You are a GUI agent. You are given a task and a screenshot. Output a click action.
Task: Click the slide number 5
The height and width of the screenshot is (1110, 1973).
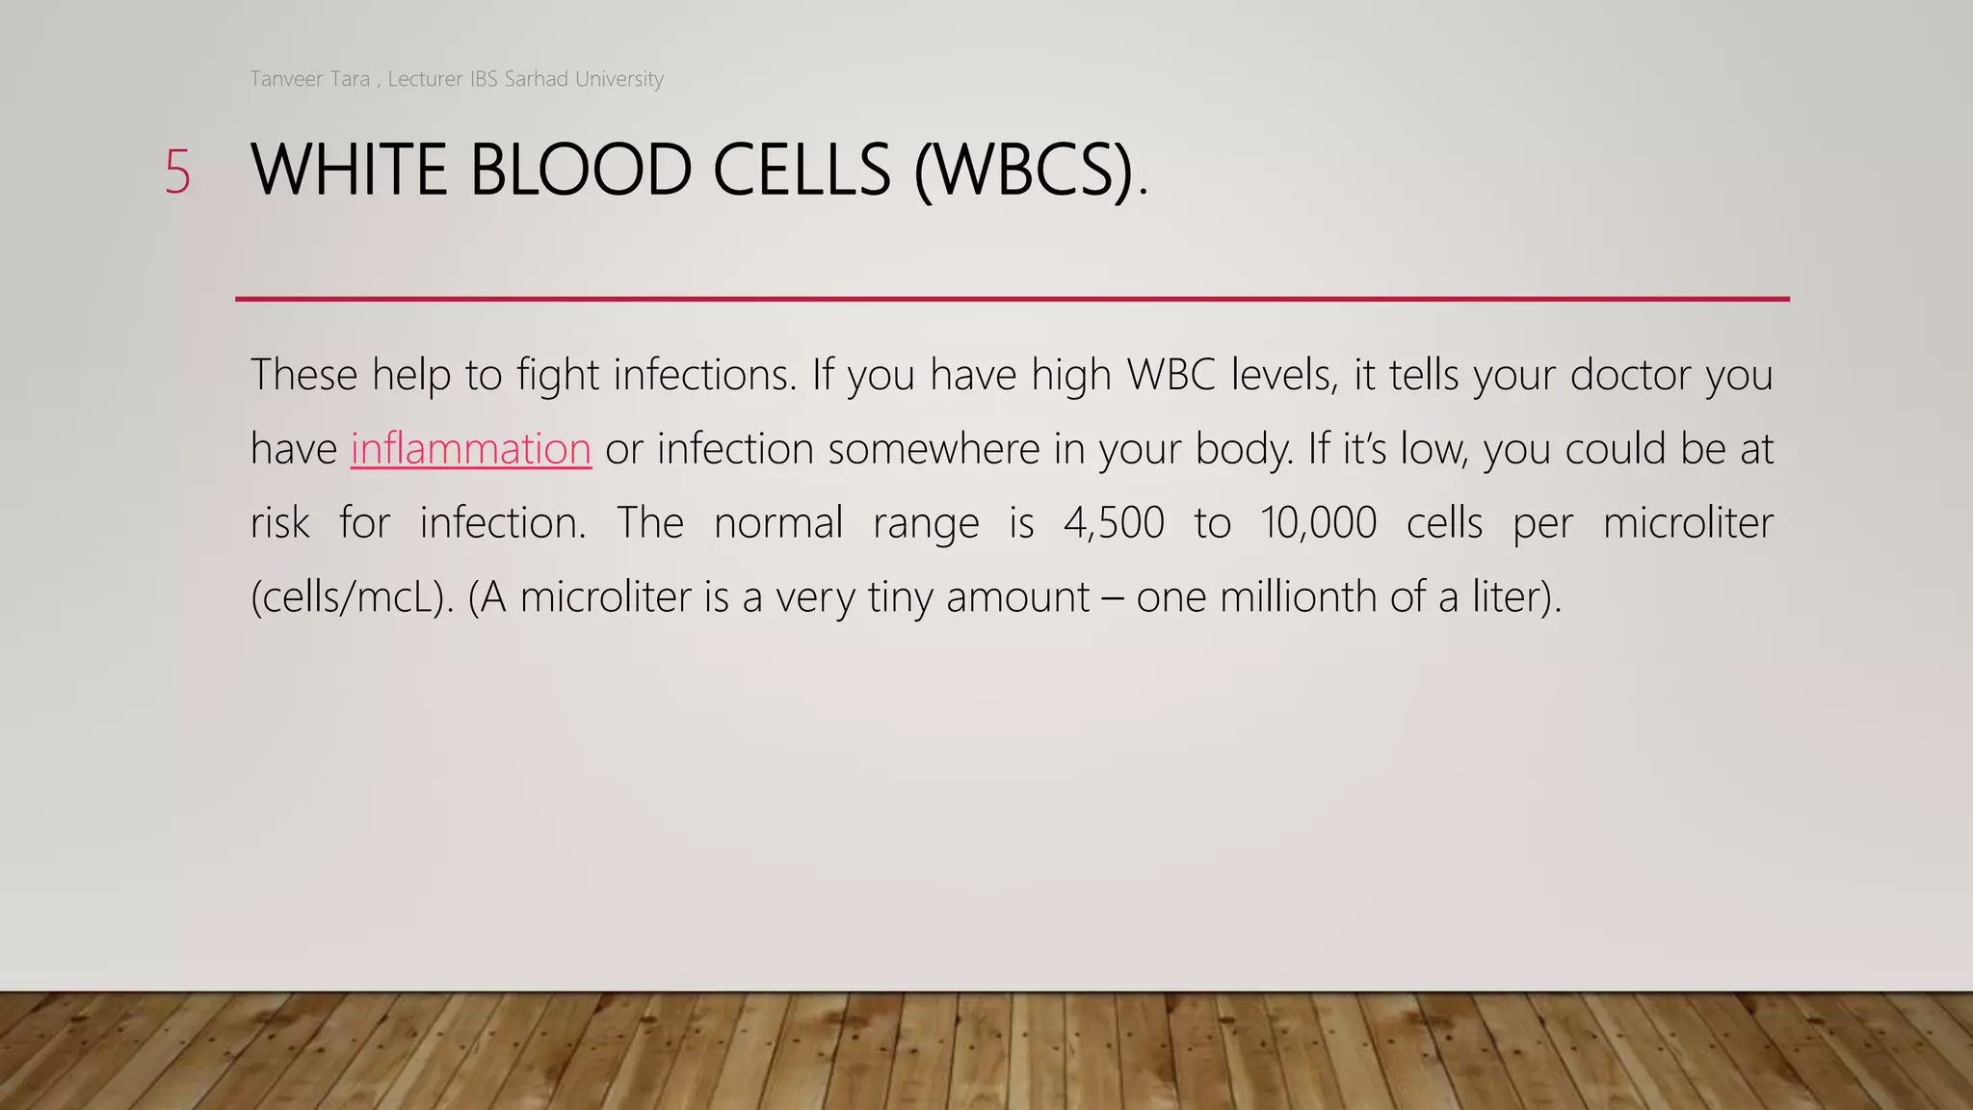[177, 172]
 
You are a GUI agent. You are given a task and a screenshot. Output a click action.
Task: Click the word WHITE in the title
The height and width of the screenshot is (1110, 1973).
[349, 171]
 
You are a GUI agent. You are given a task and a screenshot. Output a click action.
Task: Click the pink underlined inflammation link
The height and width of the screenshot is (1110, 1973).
[470, 449]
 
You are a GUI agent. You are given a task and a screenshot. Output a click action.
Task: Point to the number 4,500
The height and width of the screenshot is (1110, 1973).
[1114, 523]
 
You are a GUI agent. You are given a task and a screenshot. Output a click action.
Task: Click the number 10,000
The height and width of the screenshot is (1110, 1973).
[1318, 523]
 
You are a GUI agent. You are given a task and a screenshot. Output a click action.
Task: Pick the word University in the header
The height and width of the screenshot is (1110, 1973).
[618, 79]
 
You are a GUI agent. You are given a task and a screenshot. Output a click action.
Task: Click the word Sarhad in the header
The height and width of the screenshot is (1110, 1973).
[536, 79]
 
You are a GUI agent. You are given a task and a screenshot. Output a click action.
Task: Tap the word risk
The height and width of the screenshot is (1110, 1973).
[279, 523]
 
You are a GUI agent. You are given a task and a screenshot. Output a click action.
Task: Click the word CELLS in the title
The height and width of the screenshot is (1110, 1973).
[802, 171]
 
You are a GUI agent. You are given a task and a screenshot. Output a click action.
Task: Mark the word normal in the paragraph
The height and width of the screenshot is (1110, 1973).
[778, 523]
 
